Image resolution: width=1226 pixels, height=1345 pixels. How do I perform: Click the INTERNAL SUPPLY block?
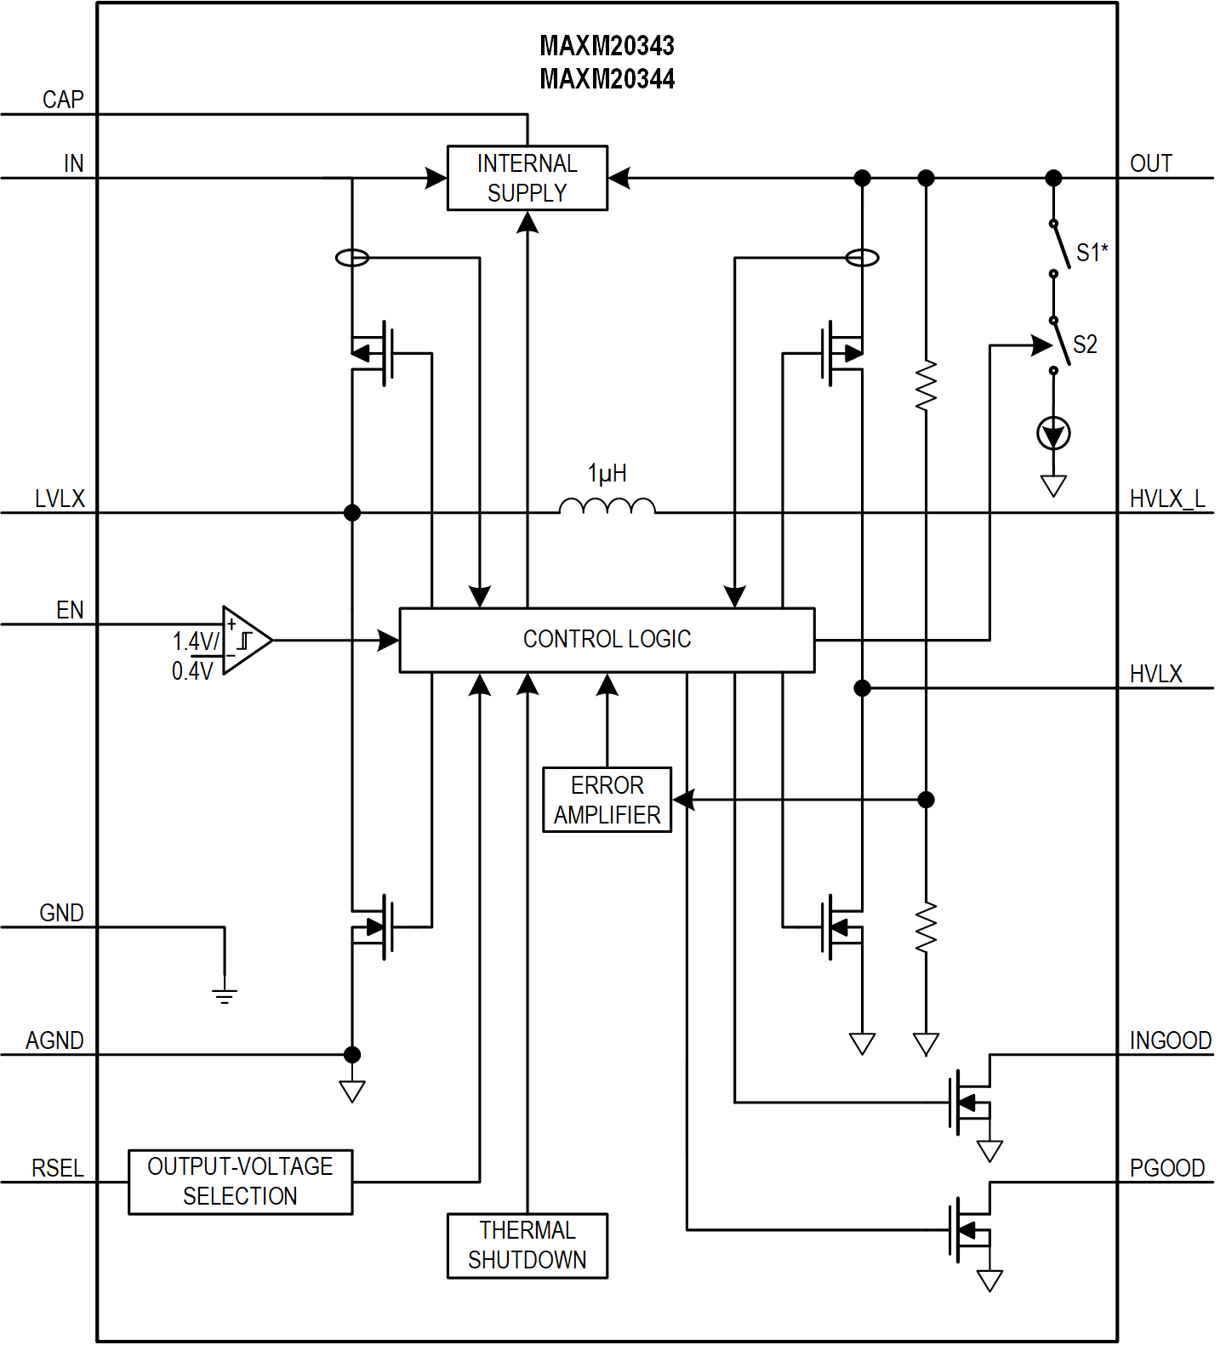pyautogui.click(x=527, y=178)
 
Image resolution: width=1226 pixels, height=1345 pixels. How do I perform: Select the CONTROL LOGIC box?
pyautogui.click(x=607, y=640)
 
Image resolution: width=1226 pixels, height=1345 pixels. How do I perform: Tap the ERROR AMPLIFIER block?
pyautogui.click(x=607, y=800)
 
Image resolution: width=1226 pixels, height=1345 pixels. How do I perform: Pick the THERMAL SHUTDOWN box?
pyautogui.click(x=527, y=1245)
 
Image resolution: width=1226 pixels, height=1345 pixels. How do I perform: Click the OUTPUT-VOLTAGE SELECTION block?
pyautogui.click(x=240, y=1182)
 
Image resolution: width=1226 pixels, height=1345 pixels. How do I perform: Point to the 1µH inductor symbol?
pyautogui.click(x=607, y=507)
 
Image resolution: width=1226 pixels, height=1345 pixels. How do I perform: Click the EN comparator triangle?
pyautogui.click(x=245, y=641)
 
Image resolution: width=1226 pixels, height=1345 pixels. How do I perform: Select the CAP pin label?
pyautogui.click(x=63, y=100)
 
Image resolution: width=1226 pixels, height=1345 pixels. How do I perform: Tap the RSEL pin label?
pyautogui.click(x=57, y=1168)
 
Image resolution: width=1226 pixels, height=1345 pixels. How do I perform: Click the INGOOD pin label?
pyautogui.click(x=1170, y=1040)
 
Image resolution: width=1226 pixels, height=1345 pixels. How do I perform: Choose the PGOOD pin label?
pyautogui.click(x=1166, y=1168)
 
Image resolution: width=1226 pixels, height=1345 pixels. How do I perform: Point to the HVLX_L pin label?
pyautogui.click(x=1166, y=499)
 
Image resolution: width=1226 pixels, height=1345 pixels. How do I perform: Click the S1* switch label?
pyautogui.click(x=1092, y=253)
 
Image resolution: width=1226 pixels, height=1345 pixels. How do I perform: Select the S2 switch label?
pyautogui.click(x=1085, y=345)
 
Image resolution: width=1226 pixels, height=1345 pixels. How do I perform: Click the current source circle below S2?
pyautogui.click(x=1053, y=434)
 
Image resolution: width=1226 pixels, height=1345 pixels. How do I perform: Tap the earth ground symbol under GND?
pyautogui.click(x=225, y=995)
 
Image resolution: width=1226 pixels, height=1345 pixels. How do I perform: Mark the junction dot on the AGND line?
pyautogui.click(x=352, y=1055)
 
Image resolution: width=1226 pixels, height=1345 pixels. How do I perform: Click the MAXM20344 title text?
pyautogui.click(x=607, y=79)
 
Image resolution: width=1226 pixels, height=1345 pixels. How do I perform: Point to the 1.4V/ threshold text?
pyautogui.click(x=196, y=641)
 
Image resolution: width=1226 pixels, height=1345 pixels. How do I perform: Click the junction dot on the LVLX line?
pyautogui.click(x=352, y=513)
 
